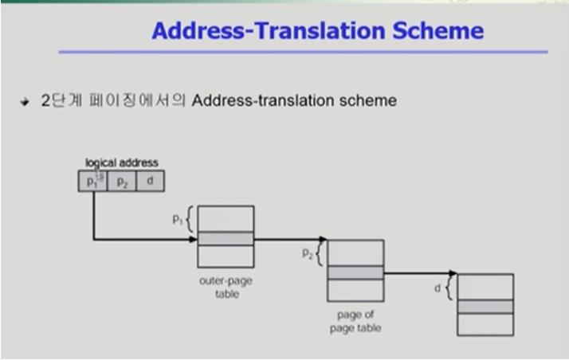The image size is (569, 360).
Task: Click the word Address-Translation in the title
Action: pos(261,31)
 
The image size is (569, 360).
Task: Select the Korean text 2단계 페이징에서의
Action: pos(114,101)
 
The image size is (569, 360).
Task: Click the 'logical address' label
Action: pos(122,162)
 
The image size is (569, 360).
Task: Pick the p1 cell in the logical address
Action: pos(92,182)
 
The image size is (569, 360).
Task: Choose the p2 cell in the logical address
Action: pos(122,182)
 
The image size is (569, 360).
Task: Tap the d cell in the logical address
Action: pos(150,182)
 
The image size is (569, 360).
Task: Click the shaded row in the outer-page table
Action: pos(226,238)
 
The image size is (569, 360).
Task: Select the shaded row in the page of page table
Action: pos(355,272)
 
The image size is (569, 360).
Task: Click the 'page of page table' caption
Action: pos(355,320)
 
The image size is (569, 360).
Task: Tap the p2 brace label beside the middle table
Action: pos(307,253)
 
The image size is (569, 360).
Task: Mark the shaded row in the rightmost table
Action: pos(485,307)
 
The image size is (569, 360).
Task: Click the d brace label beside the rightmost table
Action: pos(438,288)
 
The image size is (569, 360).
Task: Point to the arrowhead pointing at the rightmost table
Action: pos(453,273)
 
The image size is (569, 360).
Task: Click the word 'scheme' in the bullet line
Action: pos(368,101)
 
